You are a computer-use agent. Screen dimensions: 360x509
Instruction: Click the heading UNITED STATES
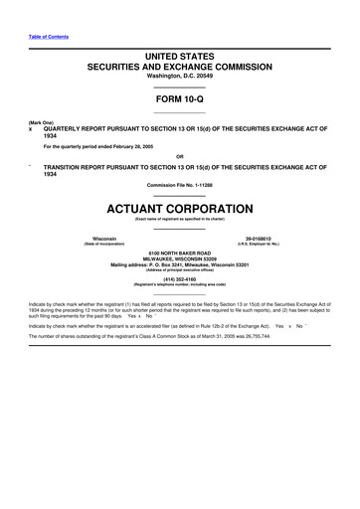(x=180, y=62)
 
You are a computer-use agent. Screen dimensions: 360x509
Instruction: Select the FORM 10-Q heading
(x=180, y=99)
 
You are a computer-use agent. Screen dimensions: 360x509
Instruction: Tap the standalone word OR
(x=180, y=155)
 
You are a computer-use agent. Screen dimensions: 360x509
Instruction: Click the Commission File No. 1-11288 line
(x=180, y=185)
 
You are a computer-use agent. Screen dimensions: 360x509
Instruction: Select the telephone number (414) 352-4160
(x=180, y=279)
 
